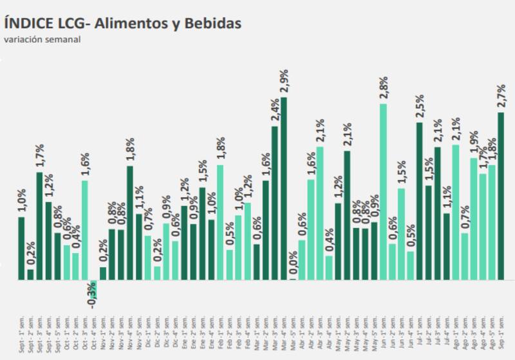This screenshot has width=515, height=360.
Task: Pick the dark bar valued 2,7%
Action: (x=501, y=196)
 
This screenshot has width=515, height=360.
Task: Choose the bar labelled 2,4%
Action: (x=274, y=203)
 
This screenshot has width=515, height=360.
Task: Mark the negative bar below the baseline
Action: (x=93, y=285)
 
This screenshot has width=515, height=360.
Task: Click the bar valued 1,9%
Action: (x=474, y=219)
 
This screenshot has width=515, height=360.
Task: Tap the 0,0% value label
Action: (x=293, y=265)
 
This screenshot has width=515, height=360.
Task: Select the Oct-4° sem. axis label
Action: (x=93, y=332)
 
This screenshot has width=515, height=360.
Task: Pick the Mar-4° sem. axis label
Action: (x=283, y=332)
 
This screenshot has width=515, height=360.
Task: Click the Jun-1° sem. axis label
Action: (x=383, y=332)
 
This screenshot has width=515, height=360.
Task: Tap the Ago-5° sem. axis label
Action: (x=492, y=332)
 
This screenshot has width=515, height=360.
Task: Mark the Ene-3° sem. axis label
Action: (x=202, y=332)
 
